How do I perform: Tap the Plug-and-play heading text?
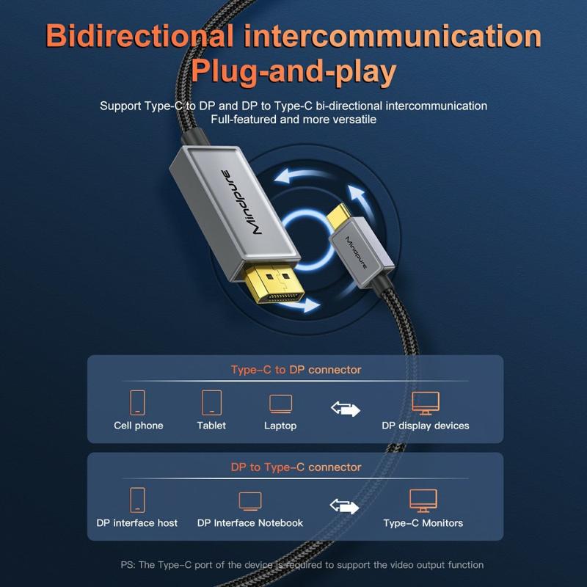click(293, 73)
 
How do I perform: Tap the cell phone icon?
click(138, 402)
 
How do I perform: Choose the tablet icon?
click(211, 402)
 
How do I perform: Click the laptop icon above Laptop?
click(280, 404)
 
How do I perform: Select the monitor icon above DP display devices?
click(426, 403)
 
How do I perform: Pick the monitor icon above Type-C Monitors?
click(423, 501)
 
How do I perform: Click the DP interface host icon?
click(137, 500)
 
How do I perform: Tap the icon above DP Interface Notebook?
click(250, 502)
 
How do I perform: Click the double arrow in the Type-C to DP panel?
click(345, 408)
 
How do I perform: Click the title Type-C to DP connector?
click(296, 369)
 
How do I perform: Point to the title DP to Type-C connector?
click(296, 467)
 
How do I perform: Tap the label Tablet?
click(211, 426)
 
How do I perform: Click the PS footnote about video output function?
click(302, 565)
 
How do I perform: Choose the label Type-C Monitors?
click(423, 523)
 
